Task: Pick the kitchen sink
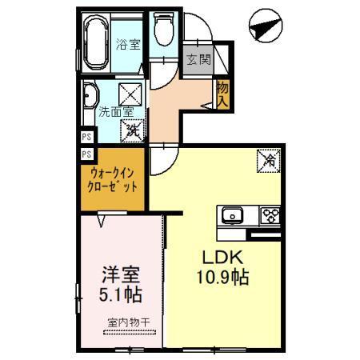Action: point(233,214)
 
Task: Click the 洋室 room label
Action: point(118,273)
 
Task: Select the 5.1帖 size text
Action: point(120,294)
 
